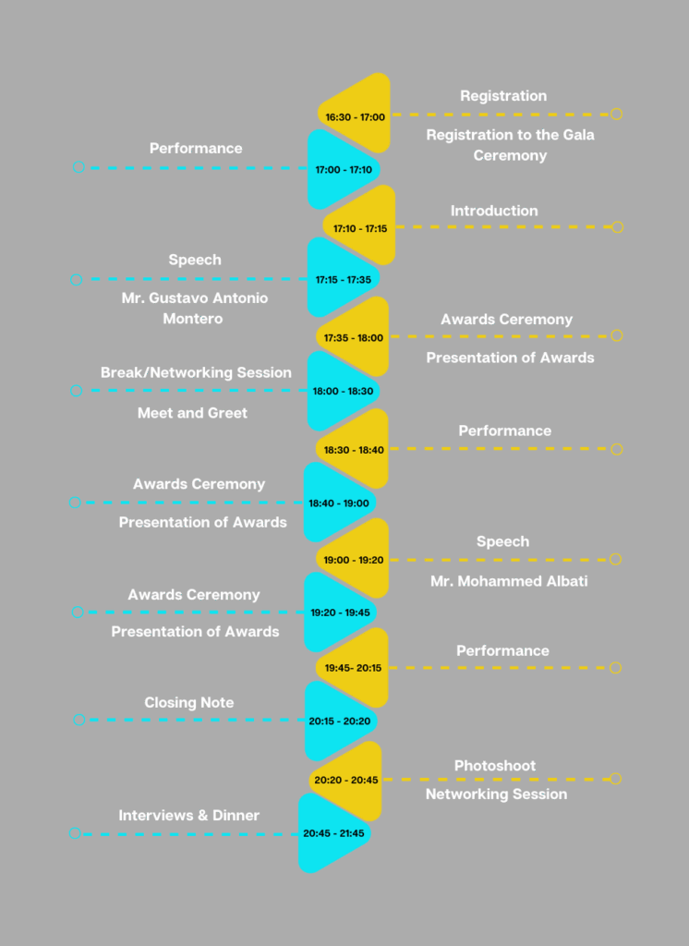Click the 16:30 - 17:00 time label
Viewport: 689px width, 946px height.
(x=355, y=117)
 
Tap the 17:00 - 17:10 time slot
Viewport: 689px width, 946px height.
(x=344, y=170)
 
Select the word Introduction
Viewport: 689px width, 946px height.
(x=494, y=211)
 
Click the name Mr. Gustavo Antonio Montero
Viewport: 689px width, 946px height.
(x=194, y=309)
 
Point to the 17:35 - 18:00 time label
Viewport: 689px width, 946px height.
(x=353, y=338)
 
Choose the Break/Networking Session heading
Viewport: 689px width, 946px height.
(x=196, y=372)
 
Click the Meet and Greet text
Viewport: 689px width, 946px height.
(x=192, y=413)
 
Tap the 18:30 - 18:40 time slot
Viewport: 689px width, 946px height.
(x=354, y=450)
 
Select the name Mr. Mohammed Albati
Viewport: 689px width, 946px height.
(x=509, y=581)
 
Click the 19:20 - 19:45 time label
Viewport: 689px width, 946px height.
(x=340, y=612)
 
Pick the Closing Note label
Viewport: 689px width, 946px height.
(x=188, y=702)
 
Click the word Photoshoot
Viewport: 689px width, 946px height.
(x=495, y=766)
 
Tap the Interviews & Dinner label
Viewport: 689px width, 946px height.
(x=188, y=815)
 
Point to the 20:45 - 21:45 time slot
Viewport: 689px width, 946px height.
(x=333, y=833)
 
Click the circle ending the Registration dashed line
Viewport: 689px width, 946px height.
(x=616, y=114)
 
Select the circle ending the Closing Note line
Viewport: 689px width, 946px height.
(x=79, y=720)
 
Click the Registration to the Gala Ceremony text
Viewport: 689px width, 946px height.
(x=510, y=145)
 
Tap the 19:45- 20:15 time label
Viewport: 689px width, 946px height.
(x=353, y=668)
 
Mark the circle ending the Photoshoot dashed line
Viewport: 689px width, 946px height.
(x=615, y=779)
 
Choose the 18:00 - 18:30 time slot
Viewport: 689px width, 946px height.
(x=343, y=391)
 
